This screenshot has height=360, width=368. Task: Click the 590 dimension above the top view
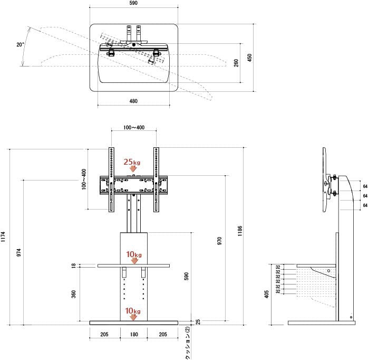click(x=133, y=4)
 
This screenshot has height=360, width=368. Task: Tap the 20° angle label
click(x=20, y=45)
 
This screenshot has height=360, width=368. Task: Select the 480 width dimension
click(x=133, y=101)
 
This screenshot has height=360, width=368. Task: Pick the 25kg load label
click(x=132, y=162)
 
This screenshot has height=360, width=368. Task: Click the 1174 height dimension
click(x=4, y=235)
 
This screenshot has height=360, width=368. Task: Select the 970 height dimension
click(x=219, y=241)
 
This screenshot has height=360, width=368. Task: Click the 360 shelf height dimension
click(x=74, y=293)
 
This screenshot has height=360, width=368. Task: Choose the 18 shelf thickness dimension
click(x=74, y=266)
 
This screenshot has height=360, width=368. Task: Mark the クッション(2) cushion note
click(x=188, y=343)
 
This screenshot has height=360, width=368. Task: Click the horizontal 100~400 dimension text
click(x=133, y=128)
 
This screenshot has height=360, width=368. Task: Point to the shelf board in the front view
click(x=105, y=266)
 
